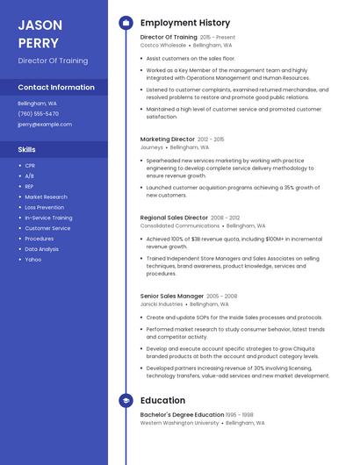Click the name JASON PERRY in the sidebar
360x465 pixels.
[39, 33]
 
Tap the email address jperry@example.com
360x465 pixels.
[45, 125]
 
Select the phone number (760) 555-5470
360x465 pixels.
[39, 114]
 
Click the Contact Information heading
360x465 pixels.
[56, 88]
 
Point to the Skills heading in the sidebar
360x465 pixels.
[27, 150]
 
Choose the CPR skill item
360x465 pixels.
[30, 165]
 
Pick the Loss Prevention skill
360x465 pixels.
[44, 207]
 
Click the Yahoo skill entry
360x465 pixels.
[32, 260]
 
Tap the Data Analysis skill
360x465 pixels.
[42, 249]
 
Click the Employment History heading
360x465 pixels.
[185, 23]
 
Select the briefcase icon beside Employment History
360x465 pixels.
[126, 23]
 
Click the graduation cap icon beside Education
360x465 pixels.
[126, 401]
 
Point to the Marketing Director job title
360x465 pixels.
[167, 139]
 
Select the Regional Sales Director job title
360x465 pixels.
[174, 217]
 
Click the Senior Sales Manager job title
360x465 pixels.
[172, 296]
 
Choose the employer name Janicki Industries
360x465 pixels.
[162, 304]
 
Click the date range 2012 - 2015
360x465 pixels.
[211, 139]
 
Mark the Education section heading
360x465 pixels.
[162, 401]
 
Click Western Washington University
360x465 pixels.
[179, 422]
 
